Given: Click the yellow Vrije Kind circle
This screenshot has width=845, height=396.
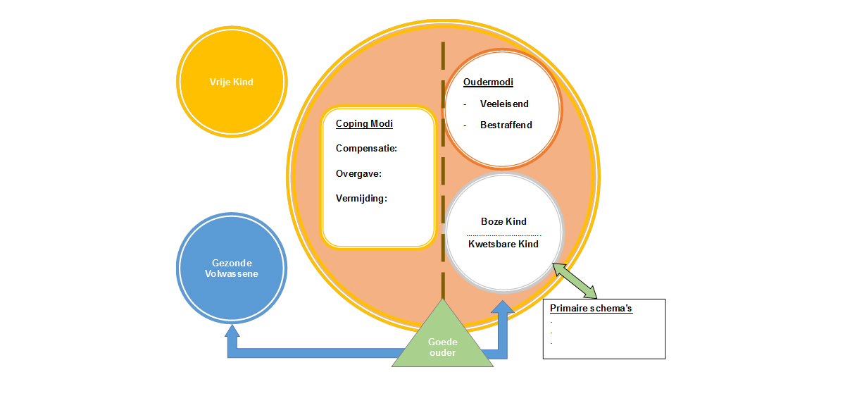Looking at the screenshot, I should coord(232,82).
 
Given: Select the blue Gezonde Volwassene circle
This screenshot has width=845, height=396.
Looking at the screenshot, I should coord(232,268).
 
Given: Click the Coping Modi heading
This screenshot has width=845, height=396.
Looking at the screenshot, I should coord(364,124).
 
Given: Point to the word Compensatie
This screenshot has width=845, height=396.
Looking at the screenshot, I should coord(366,149).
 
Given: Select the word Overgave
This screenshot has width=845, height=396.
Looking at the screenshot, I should coord(358,173).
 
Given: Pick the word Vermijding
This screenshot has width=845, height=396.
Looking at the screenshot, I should coord(361,198).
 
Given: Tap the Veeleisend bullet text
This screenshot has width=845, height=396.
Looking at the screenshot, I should coord(504,104).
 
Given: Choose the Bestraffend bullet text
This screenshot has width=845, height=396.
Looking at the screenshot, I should coord(506,125).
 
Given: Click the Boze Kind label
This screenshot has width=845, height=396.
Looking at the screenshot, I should coord(503,221).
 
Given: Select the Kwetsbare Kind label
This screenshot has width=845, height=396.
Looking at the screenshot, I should coord(503,244).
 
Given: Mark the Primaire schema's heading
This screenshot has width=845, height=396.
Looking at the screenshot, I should coord(591,309).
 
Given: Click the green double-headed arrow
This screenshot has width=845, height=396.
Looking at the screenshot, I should coord(575,280).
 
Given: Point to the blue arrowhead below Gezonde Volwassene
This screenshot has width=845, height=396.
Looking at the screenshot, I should coord(232,330).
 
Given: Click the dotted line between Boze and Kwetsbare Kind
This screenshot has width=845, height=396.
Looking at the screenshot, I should coord(503,234).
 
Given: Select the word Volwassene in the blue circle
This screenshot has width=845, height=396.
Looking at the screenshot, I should coord(232,273).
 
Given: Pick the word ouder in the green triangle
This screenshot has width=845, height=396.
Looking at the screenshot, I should coord(442,352).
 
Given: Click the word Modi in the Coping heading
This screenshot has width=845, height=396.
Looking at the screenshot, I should coord(381,124).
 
